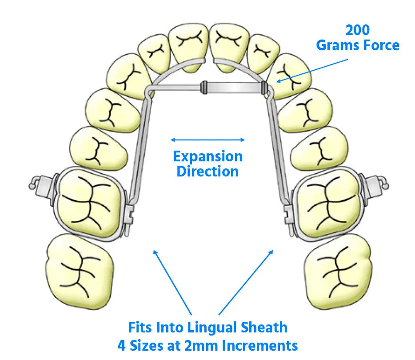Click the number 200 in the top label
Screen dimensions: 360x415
point(358,30)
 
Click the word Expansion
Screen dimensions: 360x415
point(207,156)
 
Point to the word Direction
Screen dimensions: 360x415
point(207,171)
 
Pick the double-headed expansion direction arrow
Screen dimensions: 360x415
point(207,140)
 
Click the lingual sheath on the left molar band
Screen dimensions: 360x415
point(129,216)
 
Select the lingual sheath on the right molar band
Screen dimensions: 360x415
point(287,216)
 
